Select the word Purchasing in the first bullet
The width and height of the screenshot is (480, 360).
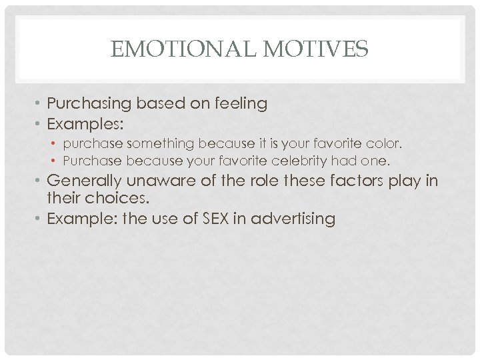(x=90, y=103)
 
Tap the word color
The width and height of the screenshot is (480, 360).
(x=384, y=144)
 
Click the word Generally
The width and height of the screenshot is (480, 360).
(x=84, y=180)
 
